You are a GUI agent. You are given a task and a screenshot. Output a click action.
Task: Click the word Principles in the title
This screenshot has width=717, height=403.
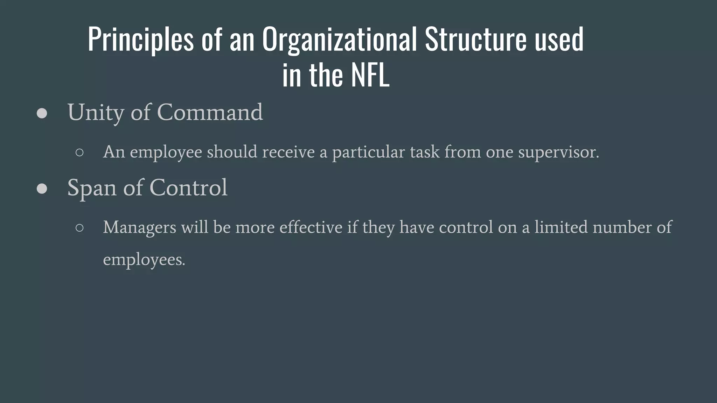[x=140, y=39]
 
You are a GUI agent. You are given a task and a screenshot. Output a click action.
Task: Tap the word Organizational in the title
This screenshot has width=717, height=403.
[x=339, y=39]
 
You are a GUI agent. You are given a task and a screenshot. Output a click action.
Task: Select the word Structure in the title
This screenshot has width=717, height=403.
[x=475, y=39]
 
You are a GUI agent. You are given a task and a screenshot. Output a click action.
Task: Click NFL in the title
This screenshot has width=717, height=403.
[x=370, y=75]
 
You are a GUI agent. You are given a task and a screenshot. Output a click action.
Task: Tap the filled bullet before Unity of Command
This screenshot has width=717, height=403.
[x=42, y=113]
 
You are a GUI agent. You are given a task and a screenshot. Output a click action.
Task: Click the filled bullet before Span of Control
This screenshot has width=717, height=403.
[x=42, y=189]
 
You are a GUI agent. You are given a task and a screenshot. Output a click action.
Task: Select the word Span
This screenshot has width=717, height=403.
[x=91, y=188]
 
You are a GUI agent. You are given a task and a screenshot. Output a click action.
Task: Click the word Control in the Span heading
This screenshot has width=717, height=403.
[x=188, y=188]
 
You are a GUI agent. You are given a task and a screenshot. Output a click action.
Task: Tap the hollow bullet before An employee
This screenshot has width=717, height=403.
[x=79, y=152]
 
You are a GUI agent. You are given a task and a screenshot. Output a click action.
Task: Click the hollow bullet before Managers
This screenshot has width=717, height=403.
[x=79, y=228]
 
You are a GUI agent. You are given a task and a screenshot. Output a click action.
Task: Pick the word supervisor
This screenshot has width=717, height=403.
[x=558, y=152]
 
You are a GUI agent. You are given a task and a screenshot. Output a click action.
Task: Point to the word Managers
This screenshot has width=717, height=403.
[x=139, y=228]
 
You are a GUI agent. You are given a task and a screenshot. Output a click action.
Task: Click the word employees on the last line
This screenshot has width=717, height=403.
[x=144, y=260]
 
